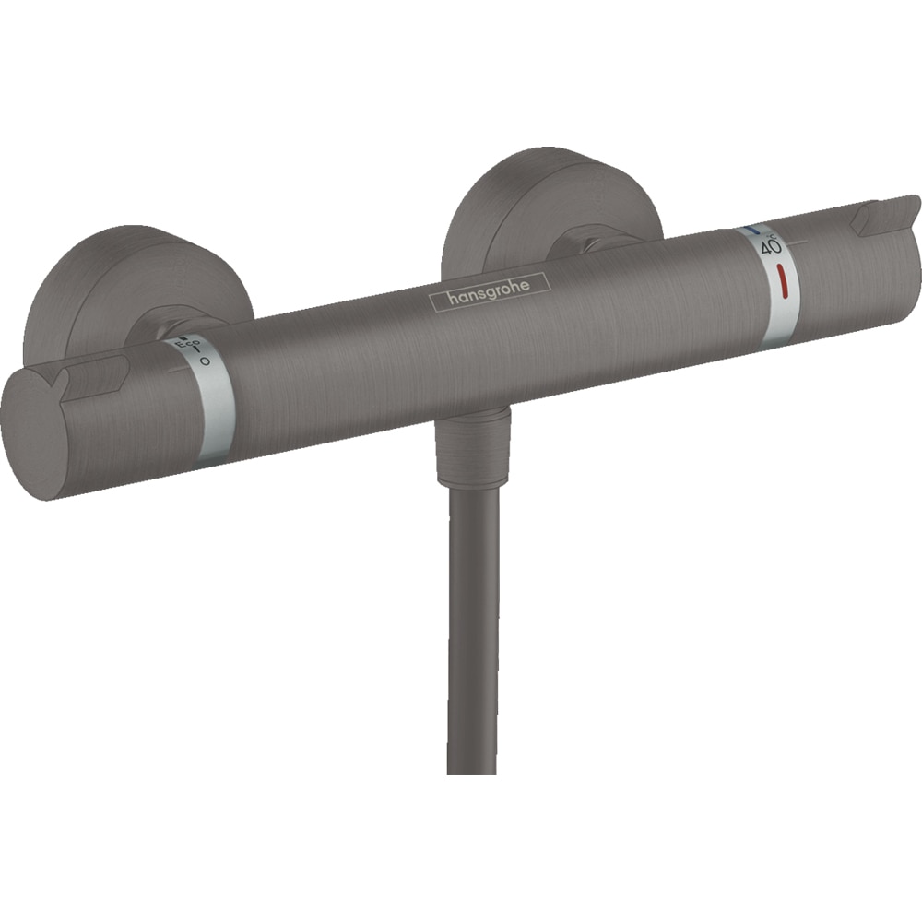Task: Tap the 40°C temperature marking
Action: click(770, 246)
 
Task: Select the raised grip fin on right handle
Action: click(885, 214)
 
